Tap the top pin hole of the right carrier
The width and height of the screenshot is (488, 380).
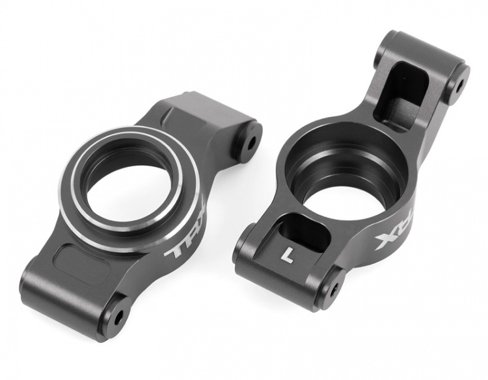point(459,83)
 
